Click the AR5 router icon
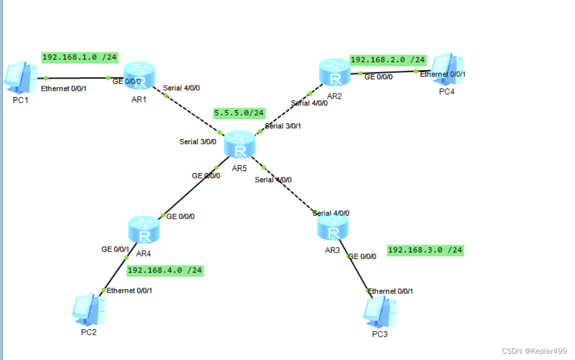click(x=240, y=145)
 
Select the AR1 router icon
click(x=140, y=76)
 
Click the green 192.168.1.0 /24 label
click(x=80, y=57)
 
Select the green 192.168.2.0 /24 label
click(x=388, y=60)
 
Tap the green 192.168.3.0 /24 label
click(x=425, y=250)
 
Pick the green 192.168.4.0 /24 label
click(x=165, y=270)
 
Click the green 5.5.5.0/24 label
click(x=239, y=113)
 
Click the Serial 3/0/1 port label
click(x=283, y=126)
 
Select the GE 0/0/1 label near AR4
click(x=115, y=249)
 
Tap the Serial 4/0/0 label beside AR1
click(x=181, y=88)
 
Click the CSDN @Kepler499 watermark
click(x=534, y=351)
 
